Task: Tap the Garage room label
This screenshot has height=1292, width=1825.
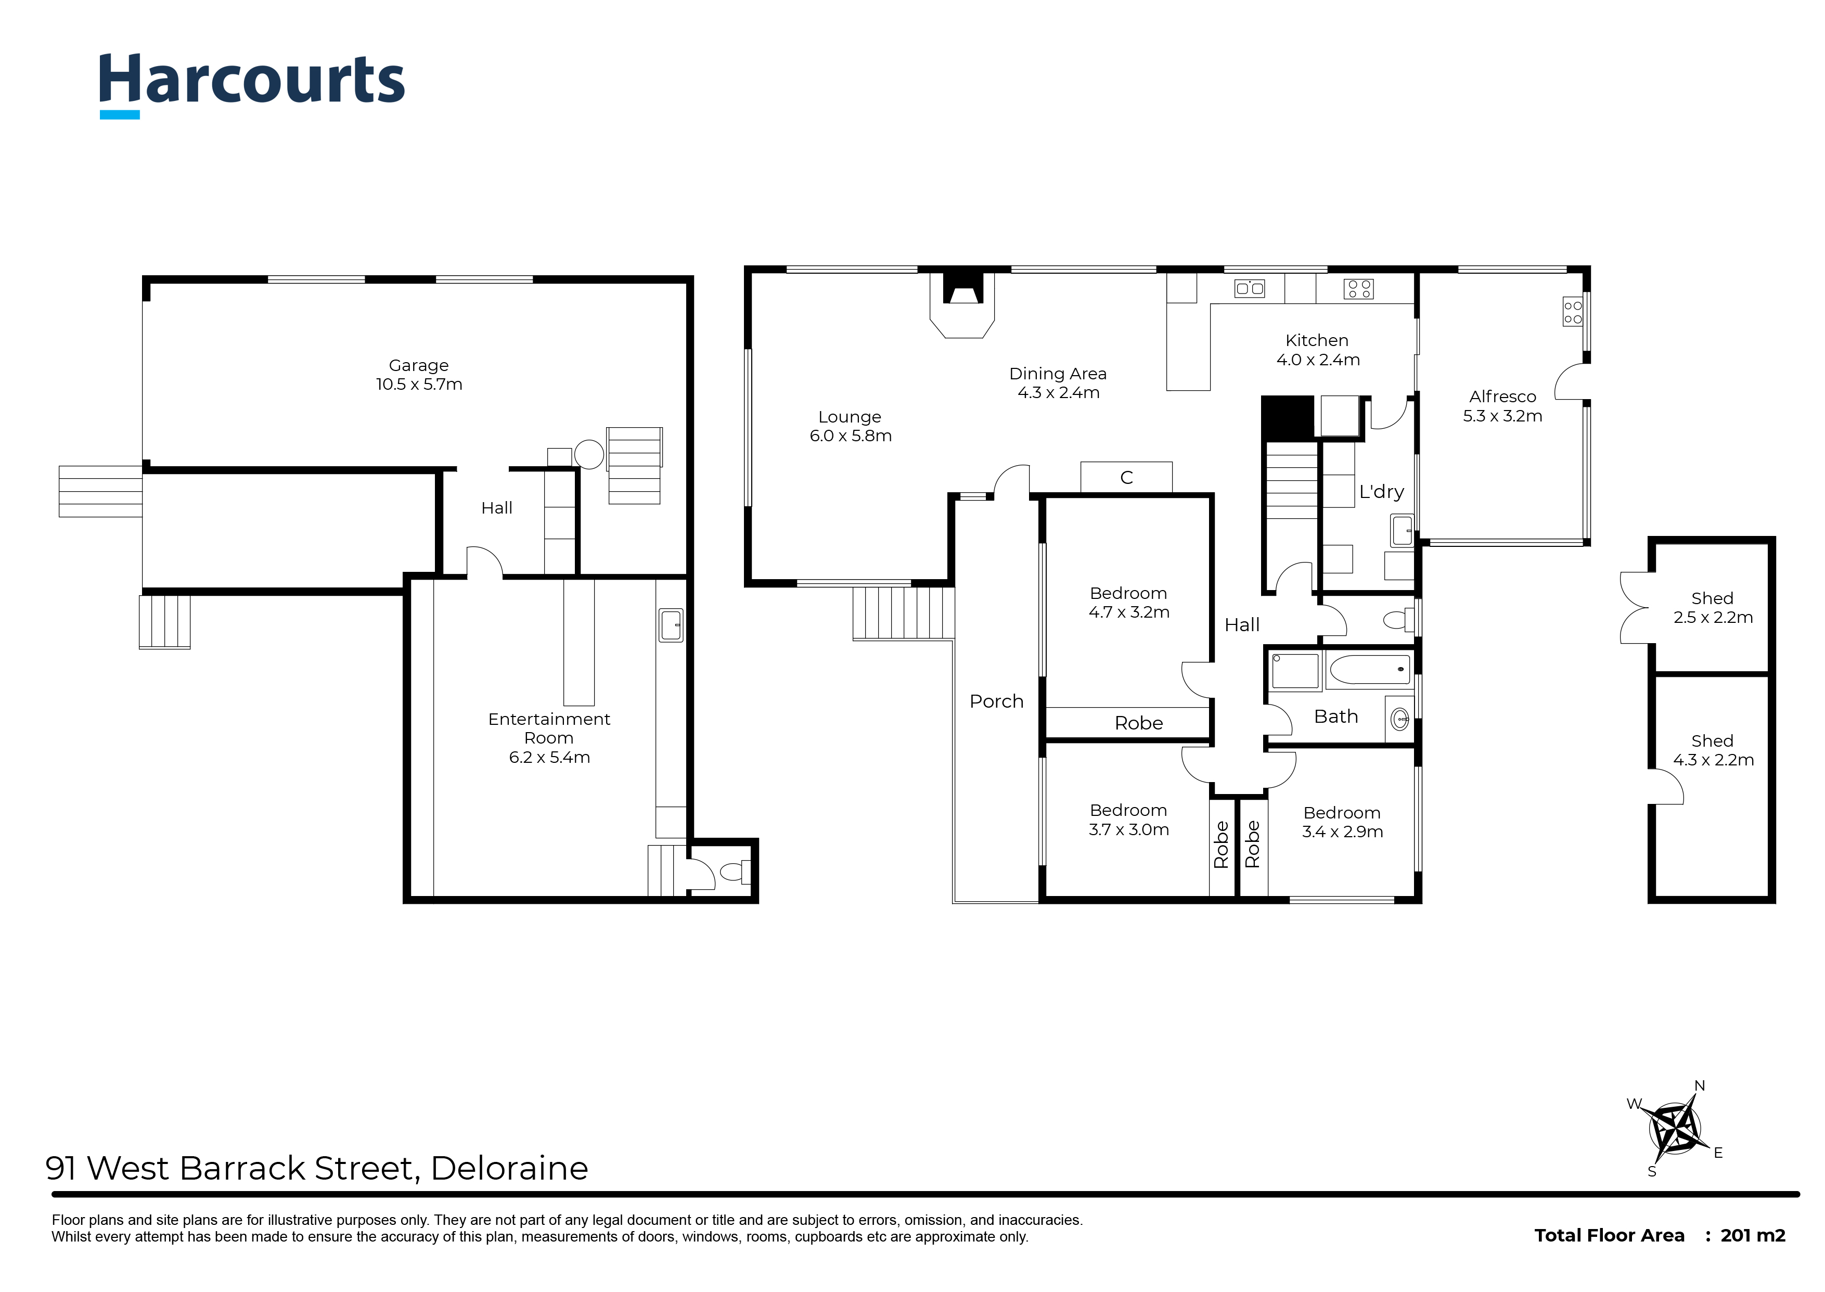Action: tap(419, 375)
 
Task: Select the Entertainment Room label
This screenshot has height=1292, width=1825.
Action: tap(549, 737)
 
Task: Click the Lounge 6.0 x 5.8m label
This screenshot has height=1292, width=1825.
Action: tap(850, 426)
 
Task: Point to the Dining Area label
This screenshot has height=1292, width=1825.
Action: tap(1058, 382)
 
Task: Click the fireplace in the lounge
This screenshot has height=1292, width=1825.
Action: tap(963, 305)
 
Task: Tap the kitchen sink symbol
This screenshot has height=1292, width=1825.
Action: tap(1249, 288)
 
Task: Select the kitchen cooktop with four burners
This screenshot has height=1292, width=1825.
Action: tap(1358, 288)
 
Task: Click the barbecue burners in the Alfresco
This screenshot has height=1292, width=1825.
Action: tap(1573, 312)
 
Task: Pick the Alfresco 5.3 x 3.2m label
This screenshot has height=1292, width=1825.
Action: tap(1502, 406)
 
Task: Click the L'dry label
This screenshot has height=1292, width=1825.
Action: tap(1381, 492)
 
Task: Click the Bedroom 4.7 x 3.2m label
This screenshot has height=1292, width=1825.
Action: tap(1128, 602)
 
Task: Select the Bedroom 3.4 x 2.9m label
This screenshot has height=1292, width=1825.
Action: tap(1342, 822)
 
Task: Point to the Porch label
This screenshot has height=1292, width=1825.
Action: tap(996, 701)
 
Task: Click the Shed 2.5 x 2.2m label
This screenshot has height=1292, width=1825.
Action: tap(1712, 608)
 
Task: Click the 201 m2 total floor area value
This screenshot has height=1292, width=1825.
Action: tap(1753, 1235)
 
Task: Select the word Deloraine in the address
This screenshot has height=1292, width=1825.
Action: tap(509, 1168)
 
